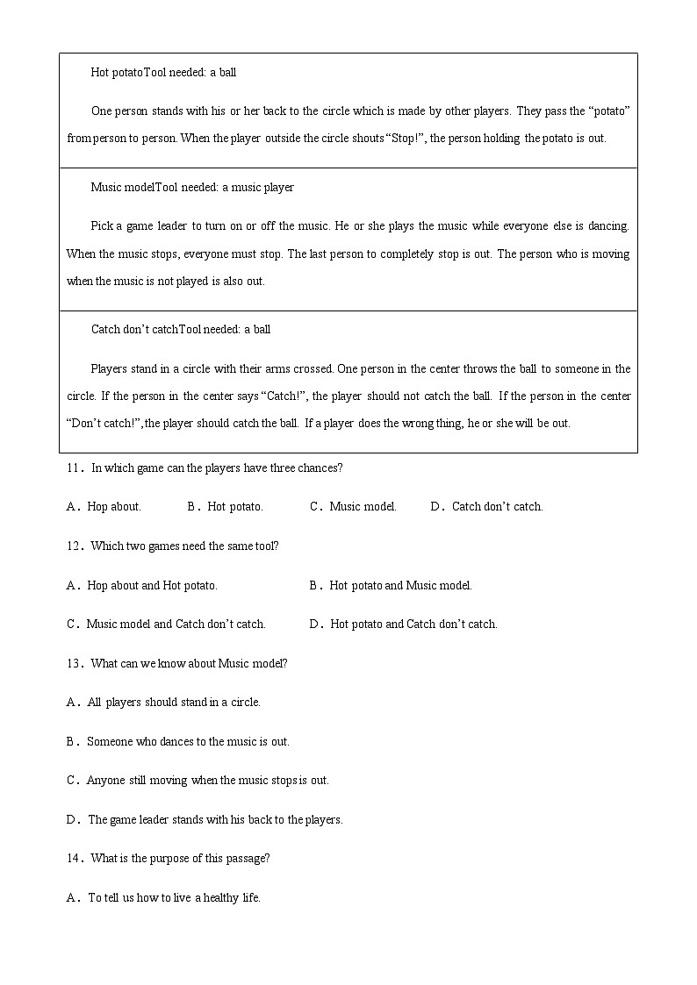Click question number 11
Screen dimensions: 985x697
[x=73, y=468]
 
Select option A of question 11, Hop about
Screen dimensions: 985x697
[x=104, y=507]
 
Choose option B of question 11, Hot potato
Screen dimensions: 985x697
[x=225, y=507]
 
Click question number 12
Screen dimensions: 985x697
[x=73, y=546]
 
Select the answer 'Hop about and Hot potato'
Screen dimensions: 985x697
[x=142, y=586]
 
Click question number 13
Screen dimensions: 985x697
[x=73, y=664]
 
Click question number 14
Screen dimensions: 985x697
[x=73, y=859]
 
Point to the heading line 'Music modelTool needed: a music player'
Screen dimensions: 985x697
[x=192, y=188]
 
